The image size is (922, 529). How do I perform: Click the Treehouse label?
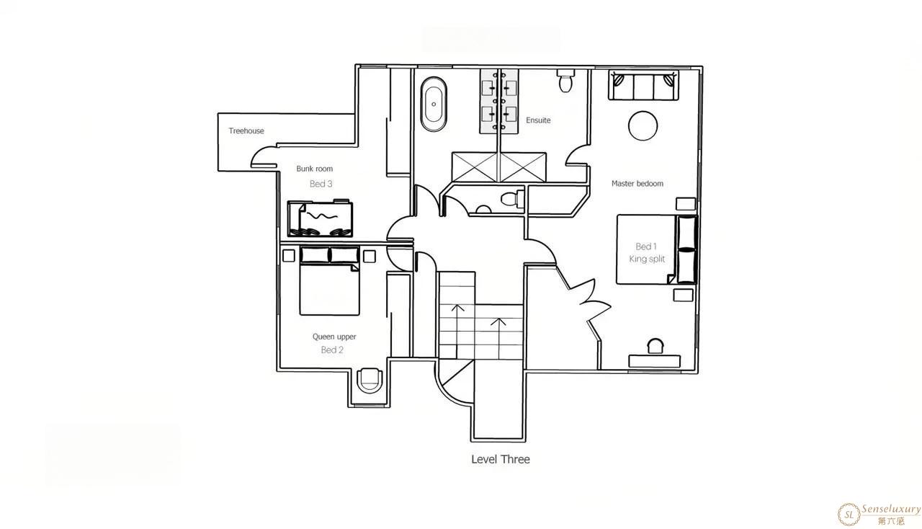tap(246, 131)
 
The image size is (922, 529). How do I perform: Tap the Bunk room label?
tap(315, 169)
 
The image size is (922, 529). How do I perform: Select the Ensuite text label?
tap(538, 120)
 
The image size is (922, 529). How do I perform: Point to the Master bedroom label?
tap(637, 183)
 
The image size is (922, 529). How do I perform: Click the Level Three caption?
tap(501, 459)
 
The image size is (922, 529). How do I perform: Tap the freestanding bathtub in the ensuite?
tap(434, 105)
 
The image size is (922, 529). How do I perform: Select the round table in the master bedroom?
tap(643, 125)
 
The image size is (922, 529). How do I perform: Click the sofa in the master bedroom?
tap(643, 85)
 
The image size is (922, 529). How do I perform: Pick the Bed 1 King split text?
tap(647, 252)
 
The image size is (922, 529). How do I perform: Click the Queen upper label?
tap(334, 337)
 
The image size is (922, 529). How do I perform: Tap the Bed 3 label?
tap(321, 184)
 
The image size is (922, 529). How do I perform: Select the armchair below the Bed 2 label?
tap(370, 381)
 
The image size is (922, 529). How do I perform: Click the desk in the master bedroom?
tap(655, 361)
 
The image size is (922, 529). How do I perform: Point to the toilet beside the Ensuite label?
tap(565, 81)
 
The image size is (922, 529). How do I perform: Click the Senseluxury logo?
tap(879, 515)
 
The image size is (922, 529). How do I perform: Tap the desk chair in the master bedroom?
tap(655, 346)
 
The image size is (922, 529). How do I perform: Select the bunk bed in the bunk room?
tap(320, 218)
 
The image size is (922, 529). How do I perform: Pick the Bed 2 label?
tap(332, 350)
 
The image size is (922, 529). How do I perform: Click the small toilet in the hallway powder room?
tap(512, 199)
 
